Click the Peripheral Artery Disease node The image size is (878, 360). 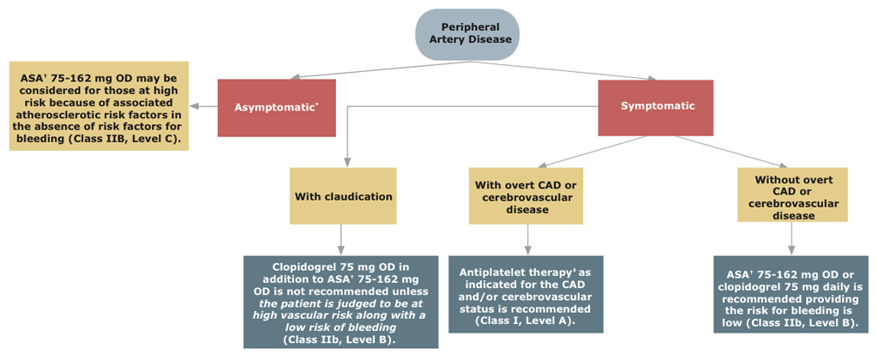(x=467, y=34)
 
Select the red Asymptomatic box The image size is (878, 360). (x=276, y=107)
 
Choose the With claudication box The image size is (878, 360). (x=343, y=196)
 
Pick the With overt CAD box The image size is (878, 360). (x=526, y=196)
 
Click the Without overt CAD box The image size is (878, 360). (x=792, y=195)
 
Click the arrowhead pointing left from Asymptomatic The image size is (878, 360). (x=195, y=107)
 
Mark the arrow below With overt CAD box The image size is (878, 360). (x=526, y=240)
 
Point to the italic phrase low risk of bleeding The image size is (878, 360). (x=340, y=327)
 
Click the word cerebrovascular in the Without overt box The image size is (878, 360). (x=792, y=204)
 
